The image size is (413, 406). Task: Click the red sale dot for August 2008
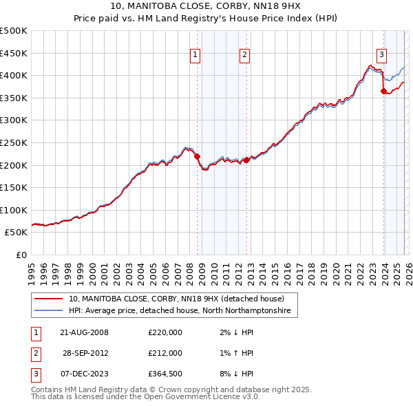point(197,156)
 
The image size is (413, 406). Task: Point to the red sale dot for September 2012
point(246,160)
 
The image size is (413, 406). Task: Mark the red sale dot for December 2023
point(383,91)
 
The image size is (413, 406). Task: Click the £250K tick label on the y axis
point(14,142)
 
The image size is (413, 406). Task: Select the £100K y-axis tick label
point(14,210)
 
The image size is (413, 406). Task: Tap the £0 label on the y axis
point(21,255)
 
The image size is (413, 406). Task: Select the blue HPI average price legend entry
point(180,311)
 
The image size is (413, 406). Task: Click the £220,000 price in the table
point(165,332)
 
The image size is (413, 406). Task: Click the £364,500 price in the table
point(165,374)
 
